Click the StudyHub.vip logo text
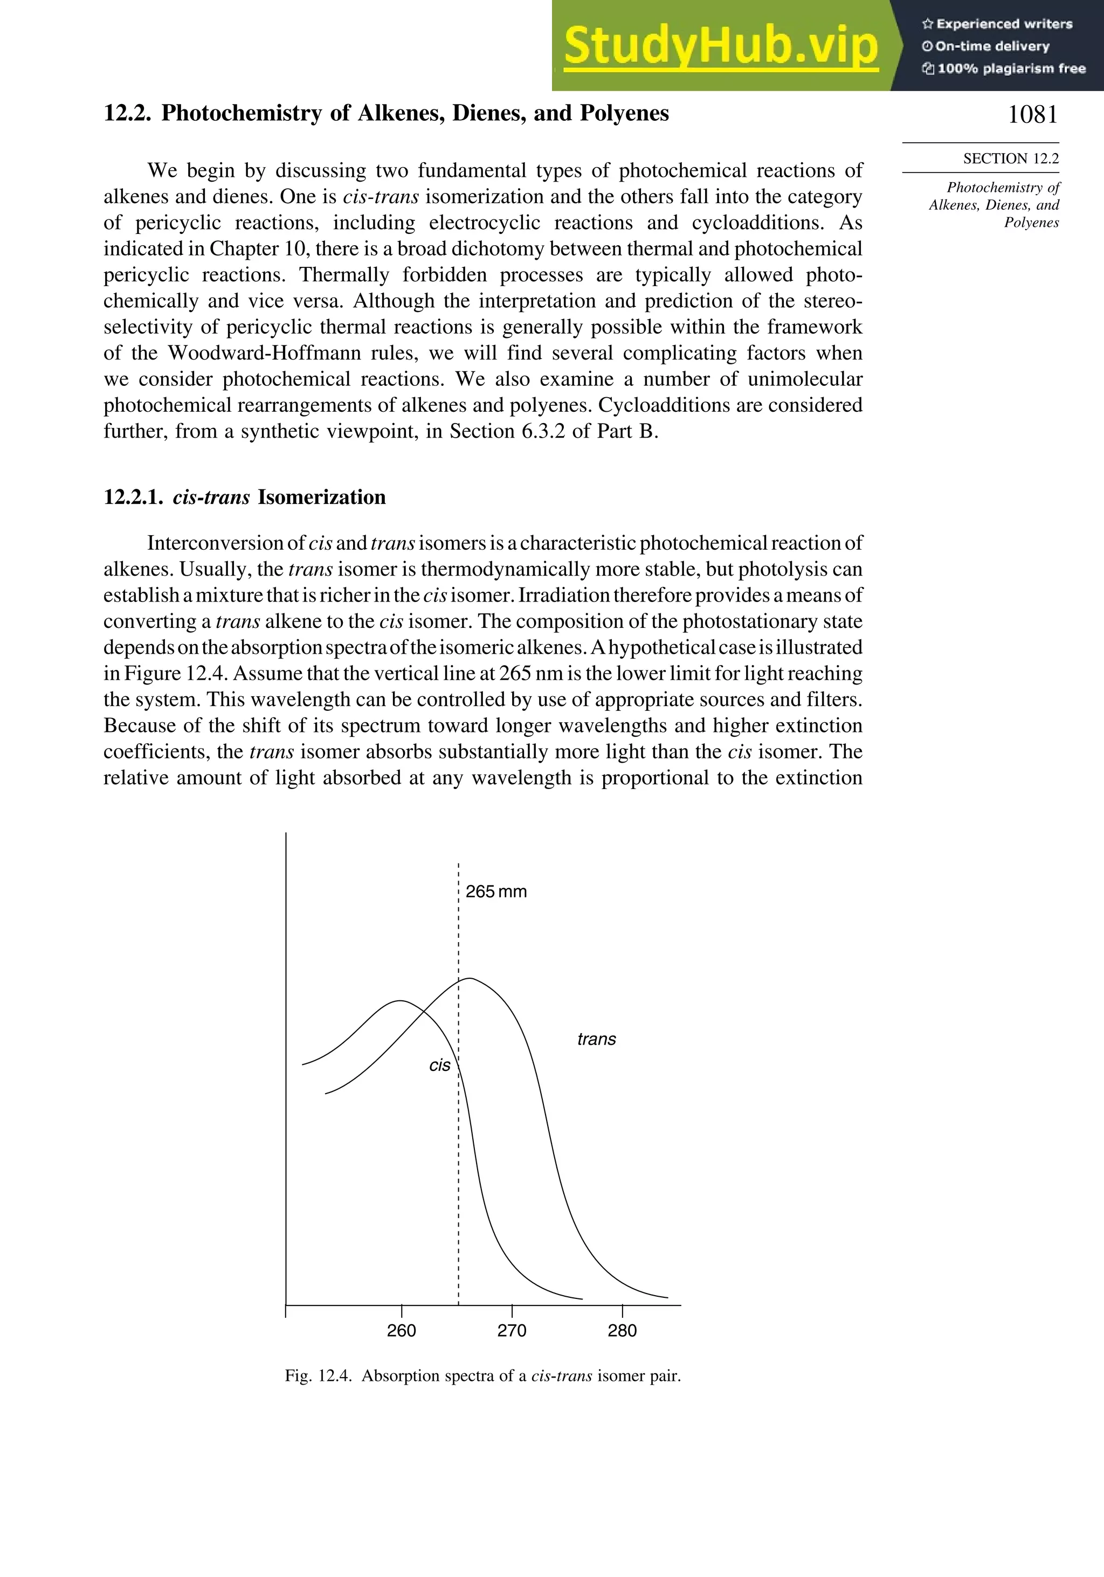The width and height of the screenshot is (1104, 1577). pyautogui.click(x=721, y=46)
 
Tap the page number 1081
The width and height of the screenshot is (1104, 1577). pyautogui.click(x=1032, y=115)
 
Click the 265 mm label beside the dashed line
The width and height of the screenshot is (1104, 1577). pyautogui.click(x=496, y=891)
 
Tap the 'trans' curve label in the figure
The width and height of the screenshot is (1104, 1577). pyautogui.click(x=596, y=1039)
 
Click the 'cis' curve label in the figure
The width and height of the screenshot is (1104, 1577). pyautogui.click(x=440, y=1066)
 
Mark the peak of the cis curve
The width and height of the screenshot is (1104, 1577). pyautogui.click(x=401, y=1001)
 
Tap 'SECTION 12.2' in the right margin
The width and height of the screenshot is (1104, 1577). pyautogui.click(x=1011, y=158)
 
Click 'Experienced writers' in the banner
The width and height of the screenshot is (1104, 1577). pyautogui.click(x=1004, y=24)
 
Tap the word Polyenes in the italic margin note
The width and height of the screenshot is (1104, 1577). pyautogui.click(x=1031, y=223)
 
